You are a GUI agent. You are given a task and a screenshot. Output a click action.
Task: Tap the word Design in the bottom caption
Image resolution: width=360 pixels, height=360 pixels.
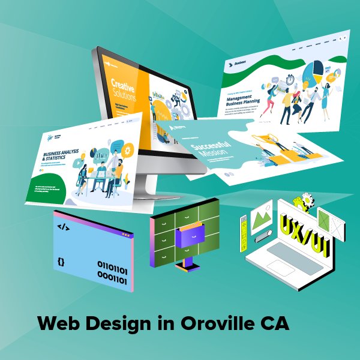coord(119,323)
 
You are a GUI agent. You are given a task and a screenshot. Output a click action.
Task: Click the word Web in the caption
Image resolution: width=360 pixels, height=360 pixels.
coord(58,323)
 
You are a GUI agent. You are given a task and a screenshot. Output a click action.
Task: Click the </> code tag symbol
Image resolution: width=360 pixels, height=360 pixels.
coord(62,227)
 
